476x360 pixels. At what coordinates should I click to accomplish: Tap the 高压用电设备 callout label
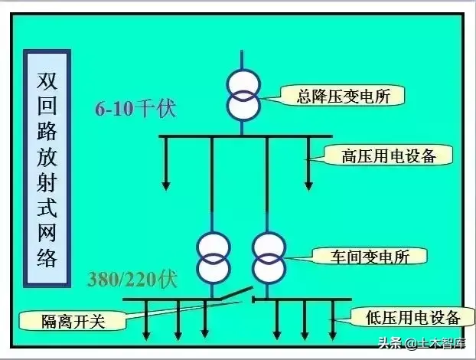click(x=387, y=156)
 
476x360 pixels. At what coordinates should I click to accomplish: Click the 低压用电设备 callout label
click(x=405, y=317)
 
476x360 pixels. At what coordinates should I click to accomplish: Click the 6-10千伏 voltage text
click(x=135, y=109)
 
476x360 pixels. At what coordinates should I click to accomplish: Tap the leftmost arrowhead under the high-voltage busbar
click(x=165, y=185)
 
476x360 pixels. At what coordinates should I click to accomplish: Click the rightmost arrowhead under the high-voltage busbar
click(x=308, y=185)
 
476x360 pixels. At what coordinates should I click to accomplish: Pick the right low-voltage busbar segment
click(x=302, y=299)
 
